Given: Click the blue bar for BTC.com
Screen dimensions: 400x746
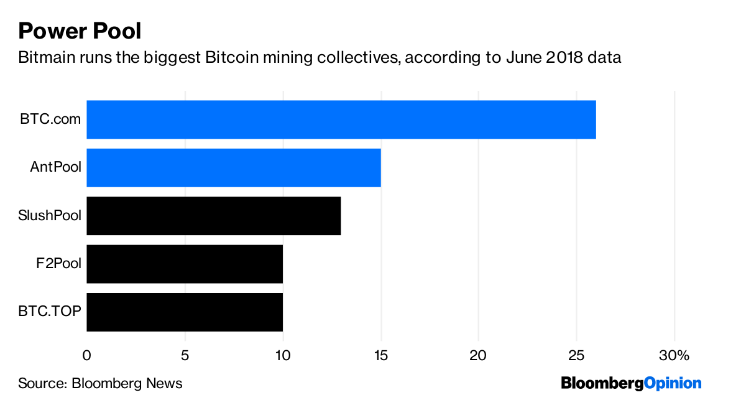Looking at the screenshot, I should [x=341, y=119].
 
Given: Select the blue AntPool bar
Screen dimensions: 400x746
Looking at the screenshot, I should [x=233, y=167].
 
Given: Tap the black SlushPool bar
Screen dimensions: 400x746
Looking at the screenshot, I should [x=213, y=216].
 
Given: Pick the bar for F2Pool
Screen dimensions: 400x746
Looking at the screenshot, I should [x=184, y=264].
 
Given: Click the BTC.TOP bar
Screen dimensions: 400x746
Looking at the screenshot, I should [x=184, y=312].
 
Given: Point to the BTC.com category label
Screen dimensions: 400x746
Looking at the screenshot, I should [x=50, y=119].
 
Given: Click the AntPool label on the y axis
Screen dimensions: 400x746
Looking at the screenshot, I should [x=55, y=167].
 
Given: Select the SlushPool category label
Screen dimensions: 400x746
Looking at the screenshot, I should [x=50, y=216].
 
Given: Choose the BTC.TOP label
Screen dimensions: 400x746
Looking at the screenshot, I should [x=50, y=312].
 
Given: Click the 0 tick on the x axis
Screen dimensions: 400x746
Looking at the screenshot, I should [x=86, y=355].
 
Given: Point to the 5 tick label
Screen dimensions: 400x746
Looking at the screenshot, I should [x=185, y=355].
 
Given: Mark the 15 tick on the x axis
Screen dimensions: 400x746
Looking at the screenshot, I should [x=380, y=355].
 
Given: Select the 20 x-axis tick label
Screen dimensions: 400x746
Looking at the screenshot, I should [x=479, y=355].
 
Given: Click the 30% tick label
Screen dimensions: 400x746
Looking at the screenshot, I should [x=675, y=355].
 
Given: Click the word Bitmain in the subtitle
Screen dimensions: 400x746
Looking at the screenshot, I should [x=44, y=58].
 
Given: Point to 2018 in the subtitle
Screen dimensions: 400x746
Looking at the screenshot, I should [x=551, y=58].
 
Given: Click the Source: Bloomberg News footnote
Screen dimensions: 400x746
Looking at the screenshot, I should [x=100, y=383].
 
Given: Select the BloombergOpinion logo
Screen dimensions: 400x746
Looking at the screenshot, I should [x=630, y=383].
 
